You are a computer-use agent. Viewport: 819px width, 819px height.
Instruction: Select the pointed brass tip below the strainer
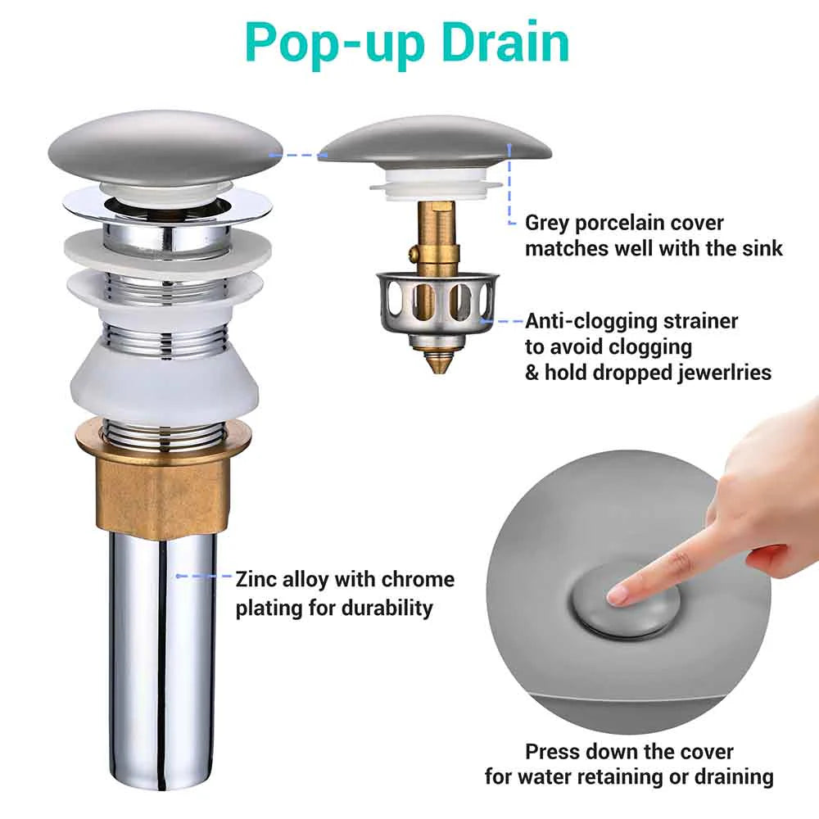pyautogui.click(x=437, y=361)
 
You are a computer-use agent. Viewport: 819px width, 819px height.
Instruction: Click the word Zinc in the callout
pyautogui.click(x=256, y=580)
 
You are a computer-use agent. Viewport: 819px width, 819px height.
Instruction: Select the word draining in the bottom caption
pyautogui.click(x=734, y=777)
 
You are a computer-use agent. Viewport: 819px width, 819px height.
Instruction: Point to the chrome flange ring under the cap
pyautogui.click(x=168, y=209)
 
